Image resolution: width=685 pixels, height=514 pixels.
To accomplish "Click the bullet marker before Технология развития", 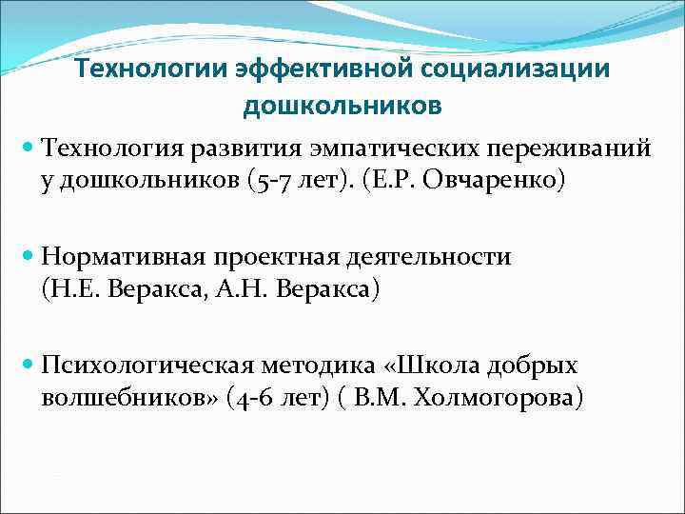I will click(x=29, y=149).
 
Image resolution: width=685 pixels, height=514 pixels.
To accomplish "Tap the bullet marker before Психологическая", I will click(x=29, y=366).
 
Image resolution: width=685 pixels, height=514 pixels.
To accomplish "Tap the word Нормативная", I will click(x=127, y=257).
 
